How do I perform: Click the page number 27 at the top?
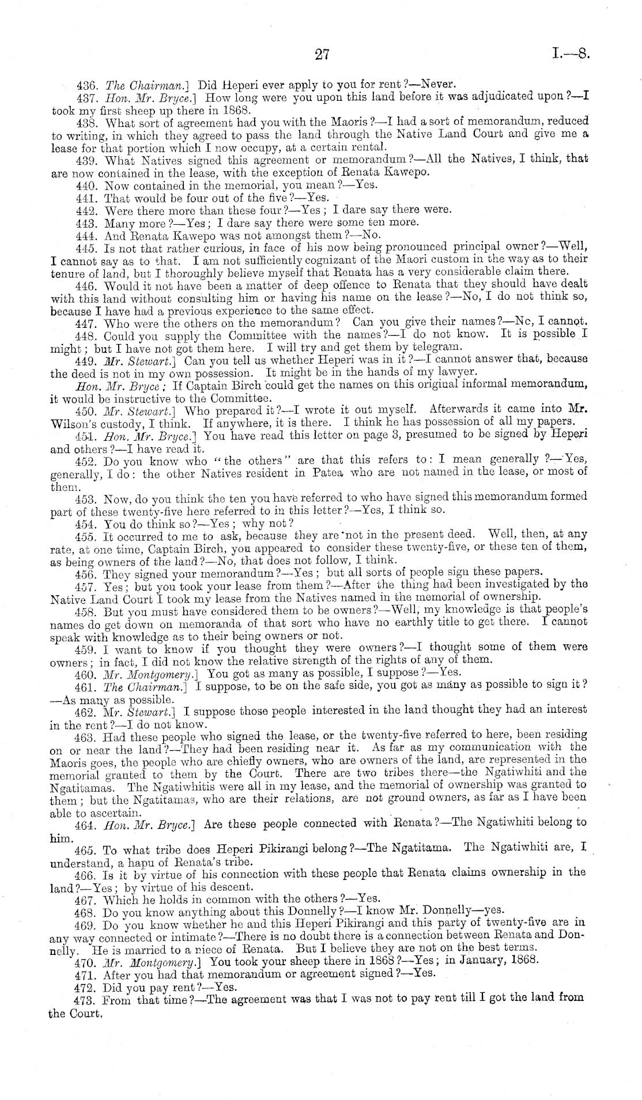pyautogui.click(x=322, y=55)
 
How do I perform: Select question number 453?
pyautogui.click(x=85, y=497)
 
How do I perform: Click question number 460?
pyautogui.click(x=85, y=672)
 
